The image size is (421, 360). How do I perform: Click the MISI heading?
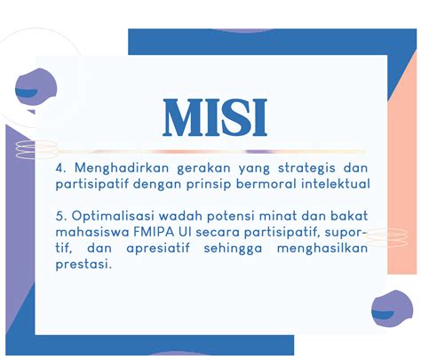(x=215, y=117)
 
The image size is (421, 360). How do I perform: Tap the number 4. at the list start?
(x=60, y=168)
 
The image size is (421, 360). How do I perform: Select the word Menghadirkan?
(x=122, y=169)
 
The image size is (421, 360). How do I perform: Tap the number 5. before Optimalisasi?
(x=60, y=216)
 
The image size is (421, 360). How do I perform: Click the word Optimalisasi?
(x=113, y=216)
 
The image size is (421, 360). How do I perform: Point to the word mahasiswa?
(x=92, y=232)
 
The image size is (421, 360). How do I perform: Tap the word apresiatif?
(x=158, y=248)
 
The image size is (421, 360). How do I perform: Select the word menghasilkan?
(x=322, y=248)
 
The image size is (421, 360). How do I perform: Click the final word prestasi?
(x=83, y=264)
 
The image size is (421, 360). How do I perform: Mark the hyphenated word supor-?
(x=346, y=233)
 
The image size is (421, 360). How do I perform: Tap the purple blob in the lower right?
(x=392, y=308)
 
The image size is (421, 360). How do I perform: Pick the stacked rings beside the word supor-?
(x=386, y=237)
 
